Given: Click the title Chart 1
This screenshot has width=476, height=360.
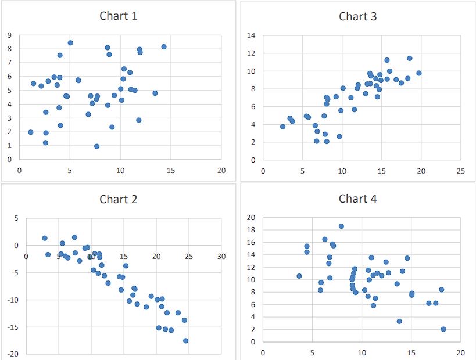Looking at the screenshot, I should click(x=119, y=16).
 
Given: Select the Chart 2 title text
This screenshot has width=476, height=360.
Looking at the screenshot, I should click(x=119, y=199).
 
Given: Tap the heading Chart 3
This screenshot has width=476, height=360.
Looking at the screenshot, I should click(x=358, y=16).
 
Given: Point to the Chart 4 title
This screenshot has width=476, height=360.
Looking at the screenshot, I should click(x=358, y=199).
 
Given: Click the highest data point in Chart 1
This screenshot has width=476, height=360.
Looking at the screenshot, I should click(x=70, y=42).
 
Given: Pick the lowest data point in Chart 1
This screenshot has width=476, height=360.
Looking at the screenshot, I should click(x=96, y=146).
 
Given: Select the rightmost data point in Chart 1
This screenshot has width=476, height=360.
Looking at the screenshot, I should click(x=164, y=46).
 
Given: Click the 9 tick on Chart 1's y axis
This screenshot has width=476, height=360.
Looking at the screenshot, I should click(x=10, y=35).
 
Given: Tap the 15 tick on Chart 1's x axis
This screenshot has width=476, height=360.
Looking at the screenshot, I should click(x=171, y=171).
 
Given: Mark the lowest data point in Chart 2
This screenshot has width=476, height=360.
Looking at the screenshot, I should click(x=186, y=341).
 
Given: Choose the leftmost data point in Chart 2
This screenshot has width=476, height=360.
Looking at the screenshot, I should click(x=45, y=238).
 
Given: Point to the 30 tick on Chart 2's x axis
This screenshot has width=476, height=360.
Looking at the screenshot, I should click(x=221, y=256).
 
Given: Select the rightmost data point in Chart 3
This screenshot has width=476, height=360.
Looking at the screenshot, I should click(x=418, y=73).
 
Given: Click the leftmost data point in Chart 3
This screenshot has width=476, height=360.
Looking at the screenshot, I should click(x=283, y=127).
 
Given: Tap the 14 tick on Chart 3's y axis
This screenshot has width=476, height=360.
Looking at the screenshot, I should click(x=252, y=36).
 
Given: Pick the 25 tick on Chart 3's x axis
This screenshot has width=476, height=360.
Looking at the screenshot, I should click(x=460, y=171).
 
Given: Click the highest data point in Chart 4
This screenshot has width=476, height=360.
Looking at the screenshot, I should click(x=341, y=226).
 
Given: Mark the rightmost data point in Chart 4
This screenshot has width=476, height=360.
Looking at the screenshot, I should click(x=443, y=329).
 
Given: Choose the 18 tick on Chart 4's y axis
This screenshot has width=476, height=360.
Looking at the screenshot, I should click(x=252, y=230).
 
